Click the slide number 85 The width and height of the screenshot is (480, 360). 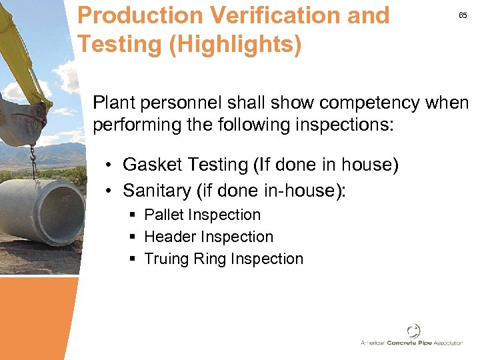click(463, 16)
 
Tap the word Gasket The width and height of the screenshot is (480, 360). click(148, 164)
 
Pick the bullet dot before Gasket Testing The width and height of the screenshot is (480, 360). click(109, 165)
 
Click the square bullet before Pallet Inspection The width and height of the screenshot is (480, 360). click(133, 215)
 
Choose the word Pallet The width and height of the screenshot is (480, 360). click(164, 215)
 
